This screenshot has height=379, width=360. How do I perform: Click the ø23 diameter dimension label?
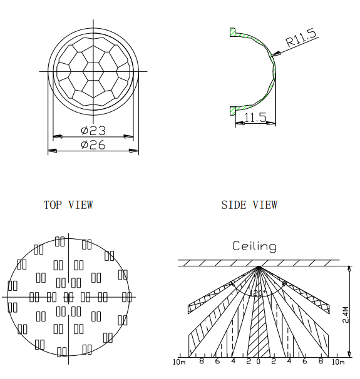pos(93,131)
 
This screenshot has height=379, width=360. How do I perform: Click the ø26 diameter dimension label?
pos(93,145)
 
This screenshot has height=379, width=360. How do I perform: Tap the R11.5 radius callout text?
pos(301,38)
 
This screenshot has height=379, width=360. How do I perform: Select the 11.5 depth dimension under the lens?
pos(255,118)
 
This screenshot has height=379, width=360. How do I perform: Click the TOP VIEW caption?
pos(68,205)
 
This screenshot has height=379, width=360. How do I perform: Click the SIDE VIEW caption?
pos(249,205)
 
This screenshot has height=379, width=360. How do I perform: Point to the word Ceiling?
pos(254,246)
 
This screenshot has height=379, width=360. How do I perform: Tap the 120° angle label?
pos(258,293)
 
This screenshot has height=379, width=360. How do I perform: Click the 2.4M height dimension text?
pos(346,315)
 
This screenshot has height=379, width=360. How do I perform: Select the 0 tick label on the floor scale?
pos(259,361)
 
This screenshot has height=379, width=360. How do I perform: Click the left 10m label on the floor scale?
pos(179,362)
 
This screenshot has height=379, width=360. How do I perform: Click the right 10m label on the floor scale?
pos(338,362)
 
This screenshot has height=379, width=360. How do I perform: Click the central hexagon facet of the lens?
pos(93,71)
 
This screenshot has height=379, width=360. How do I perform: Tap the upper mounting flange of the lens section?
pos(234,33)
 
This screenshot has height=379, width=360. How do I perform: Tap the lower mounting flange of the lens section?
pos(233,111)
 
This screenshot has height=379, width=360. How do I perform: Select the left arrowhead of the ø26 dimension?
pos(53,151)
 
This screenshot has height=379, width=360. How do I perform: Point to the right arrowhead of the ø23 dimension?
pos(128,136)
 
